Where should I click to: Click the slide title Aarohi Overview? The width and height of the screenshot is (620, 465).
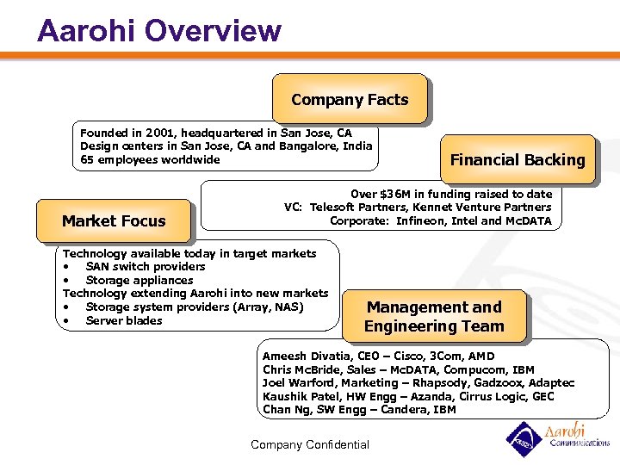pyautogui.click(x=159, y=30)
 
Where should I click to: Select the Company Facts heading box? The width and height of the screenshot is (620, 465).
pyautogui.click(x=350, y=100)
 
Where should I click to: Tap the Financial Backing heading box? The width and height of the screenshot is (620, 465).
pyautogui.click(x=518, y=160)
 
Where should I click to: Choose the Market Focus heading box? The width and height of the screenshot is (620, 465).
pyautogui.click(x=114, y=221)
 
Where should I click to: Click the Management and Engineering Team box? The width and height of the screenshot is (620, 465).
pyautogui.click(x=434, y=316)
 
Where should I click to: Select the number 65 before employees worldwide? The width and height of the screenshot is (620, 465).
pyautogui.click(x=87, y=159)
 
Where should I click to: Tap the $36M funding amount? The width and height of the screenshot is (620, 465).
pyautogui.click(x=396, y=194)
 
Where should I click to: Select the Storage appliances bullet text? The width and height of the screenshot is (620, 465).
pyautogui.click(x=139, y=280)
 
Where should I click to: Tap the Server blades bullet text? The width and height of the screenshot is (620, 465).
pyautogui.click(x=124, y=320)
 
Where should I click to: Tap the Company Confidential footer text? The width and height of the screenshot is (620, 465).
pyautogui.click(x=309, y=444)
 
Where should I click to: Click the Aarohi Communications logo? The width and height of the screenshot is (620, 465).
pyautogui.click(x=557, y=437)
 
